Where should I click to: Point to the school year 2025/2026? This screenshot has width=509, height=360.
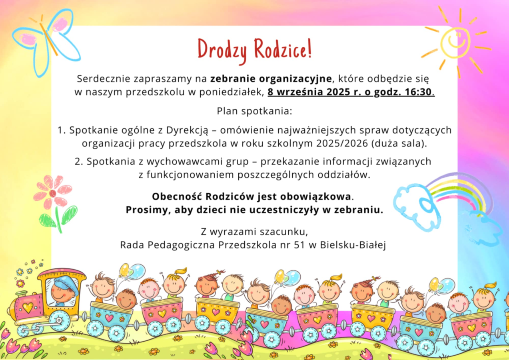pyautogui.click(x=342, y=144)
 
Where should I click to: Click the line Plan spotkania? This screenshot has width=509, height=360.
pyautogui.click(x=254, y=111)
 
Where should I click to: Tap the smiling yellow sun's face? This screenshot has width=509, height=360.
pyautogui.click(x=455, y=43)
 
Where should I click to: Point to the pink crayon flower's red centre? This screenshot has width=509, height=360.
pyautogui.click(x=53, y=194)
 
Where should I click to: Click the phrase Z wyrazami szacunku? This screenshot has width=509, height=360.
pyautogui.click(x=254, y=232)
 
